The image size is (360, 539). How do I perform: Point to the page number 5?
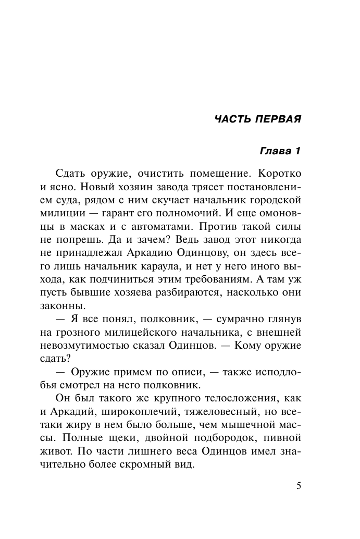point(299,486)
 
